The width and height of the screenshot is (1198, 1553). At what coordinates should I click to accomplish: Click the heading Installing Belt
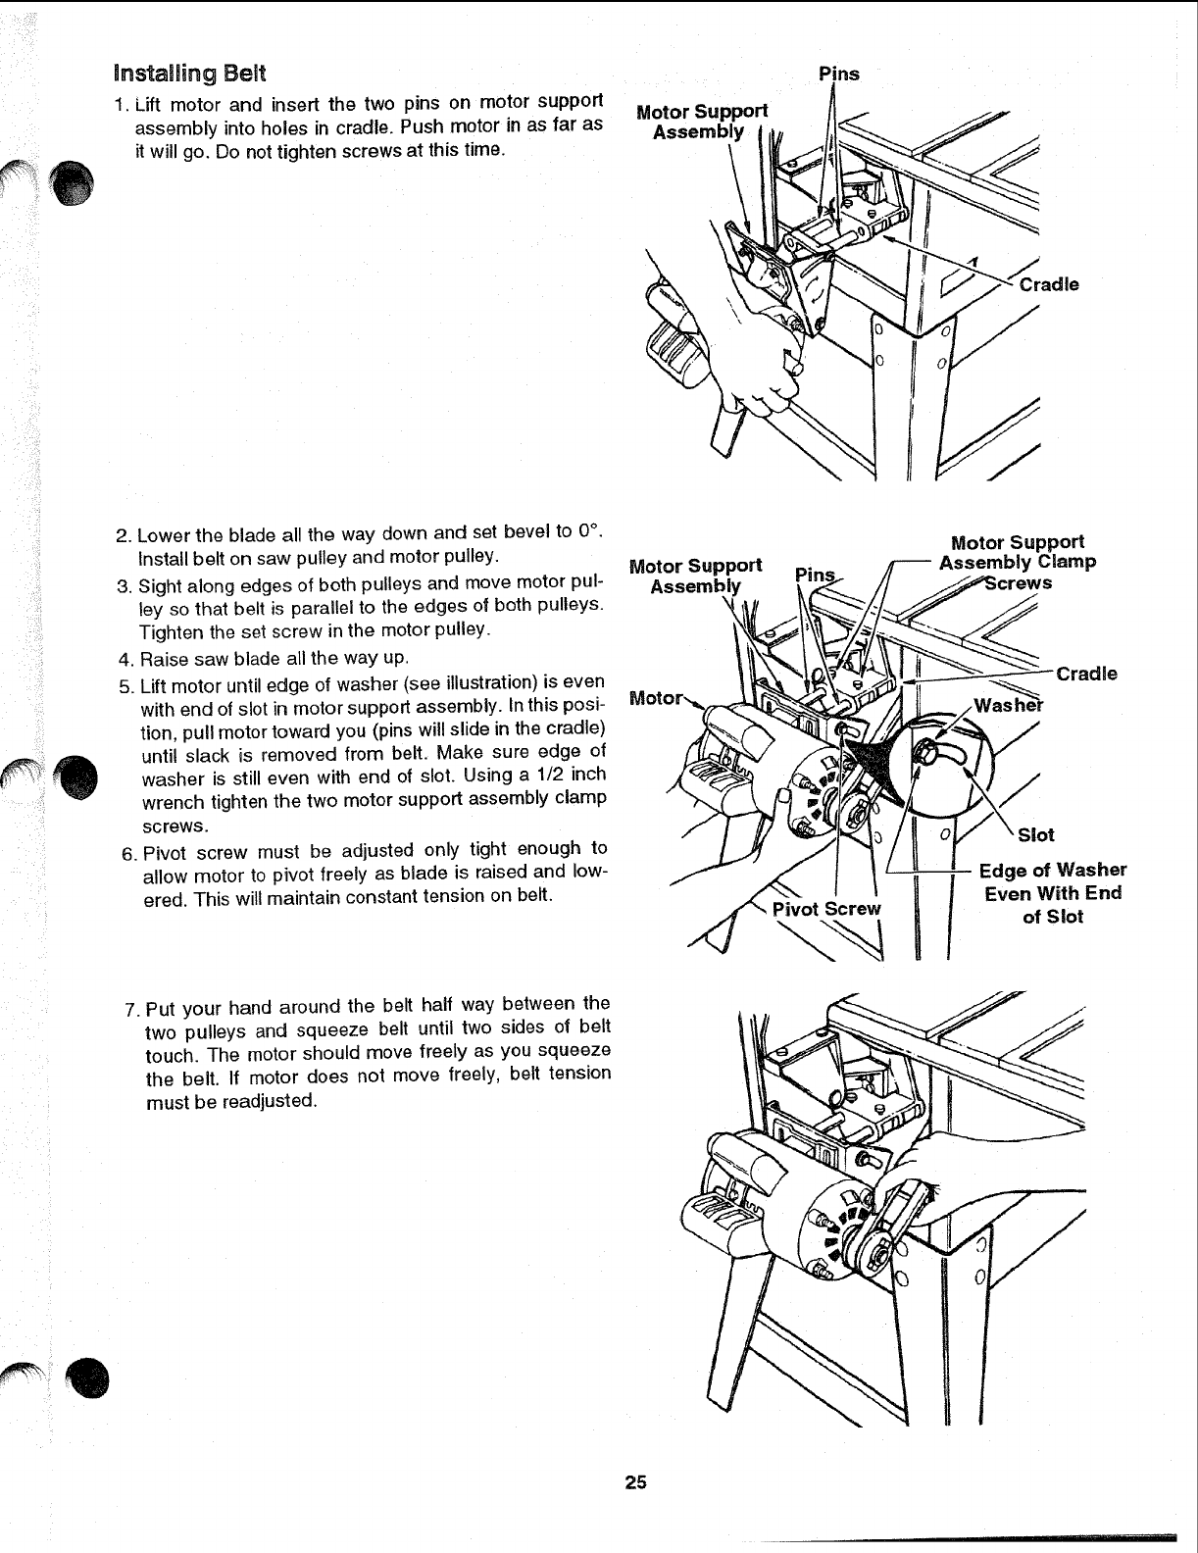[x=188, y=73]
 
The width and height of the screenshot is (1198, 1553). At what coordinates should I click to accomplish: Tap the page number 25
[x=635, y=1482]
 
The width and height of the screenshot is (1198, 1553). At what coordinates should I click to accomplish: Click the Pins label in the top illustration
[x=838, y=74]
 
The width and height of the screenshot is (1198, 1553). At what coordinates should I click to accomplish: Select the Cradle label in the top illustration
[x=1049, y=284]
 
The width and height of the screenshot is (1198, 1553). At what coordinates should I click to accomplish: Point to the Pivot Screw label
[x=827, y=908]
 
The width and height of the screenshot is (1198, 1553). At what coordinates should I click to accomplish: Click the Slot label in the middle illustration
[x=1036, y=834]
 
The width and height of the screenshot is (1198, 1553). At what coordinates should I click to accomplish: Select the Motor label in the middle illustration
[x=653, y=698]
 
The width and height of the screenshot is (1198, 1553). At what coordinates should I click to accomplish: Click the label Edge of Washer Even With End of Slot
[x=1054, y=893]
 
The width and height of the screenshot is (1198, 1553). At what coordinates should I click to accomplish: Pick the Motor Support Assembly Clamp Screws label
[x=1018, y=562]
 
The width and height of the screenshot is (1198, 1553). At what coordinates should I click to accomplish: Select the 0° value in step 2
[x=587, y=533]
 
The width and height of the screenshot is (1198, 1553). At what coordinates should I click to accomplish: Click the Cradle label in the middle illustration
[x=1086, y=674]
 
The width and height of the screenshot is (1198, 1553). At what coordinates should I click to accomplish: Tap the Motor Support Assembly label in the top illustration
[x=701, y=121]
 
